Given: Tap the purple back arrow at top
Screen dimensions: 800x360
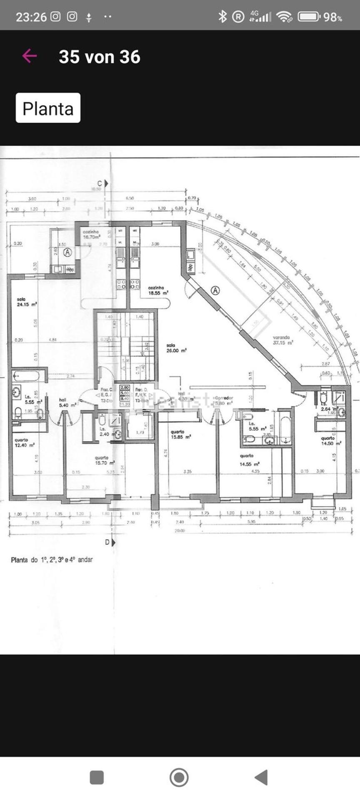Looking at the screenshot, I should (x=30, y=56).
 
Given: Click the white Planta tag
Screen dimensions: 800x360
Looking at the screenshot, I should (x=48, y=108).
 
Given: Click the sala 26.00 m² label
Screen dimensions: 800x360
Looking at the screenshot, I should (x=176, y=348).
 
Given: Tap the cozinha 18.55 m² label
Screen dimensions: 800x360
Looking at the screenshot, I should (x=158, y=290).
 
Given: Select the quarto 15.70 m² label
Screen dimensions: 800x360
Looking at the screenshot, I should (x=104, y=460).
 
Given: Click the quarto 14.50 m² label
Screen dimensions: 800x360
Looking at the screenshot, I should (x=330, y=441).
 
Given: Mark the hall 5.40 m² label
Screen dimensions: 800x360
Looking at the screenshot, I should (x=67, y=402).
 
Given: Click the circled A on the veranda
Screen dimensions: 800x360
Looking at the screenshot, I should (x=215, y=290).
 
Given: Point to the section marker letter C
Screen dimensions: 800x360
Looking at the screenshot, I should (x=100, y=183).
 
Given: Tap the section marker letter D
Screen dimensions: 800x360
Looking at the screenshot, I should (x=107, y=542).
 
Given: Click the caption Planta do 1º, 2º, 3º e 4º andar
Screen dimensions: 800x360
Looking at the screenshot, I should (x=52, y=560).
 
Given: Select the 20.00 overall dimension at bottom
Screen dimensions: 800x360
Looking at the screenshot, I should (x=180, y=531).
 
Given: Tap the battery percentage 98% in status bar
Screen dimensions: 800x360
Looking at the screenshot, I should (x=332, y=17).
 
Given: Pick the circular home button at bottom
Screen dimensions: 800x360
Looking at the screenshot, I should (x=179, y=777).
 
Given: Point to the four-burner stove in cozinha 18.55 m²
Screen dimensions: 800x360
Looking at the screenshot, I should (x=135, y=284).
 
